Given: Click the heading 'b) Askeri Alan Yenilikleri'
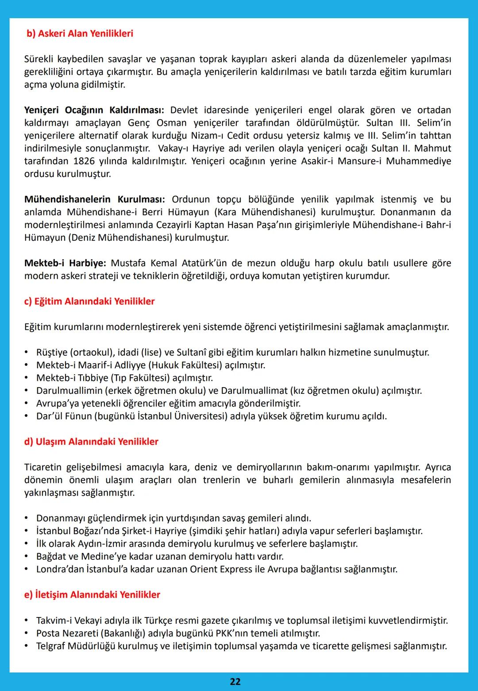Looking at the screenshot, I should (80, 34).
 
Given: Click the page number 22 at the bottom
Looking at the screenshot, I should (235, 681).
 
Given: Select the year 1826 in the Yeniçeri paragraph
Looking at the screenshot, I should (84, 161).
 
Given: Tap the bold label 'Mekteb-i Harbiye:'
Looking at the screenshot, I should (65, 263).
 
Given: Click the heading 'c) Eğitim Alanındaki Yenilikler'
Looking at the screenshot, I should (89, 302).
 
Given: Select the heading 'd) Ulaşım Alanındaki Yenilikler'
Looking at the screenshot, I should (91, 442).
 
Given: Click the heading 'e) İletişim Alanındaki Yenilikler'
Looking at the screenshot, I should (92, 595).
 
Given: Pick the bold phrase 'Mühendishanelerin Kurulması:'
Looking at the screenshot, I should (95, 199).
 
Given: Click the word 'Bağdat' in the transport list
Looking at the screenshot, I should (51, 556).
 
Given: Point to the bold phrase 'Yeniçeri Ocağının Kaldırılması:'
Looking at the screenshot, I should (94, 110).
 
